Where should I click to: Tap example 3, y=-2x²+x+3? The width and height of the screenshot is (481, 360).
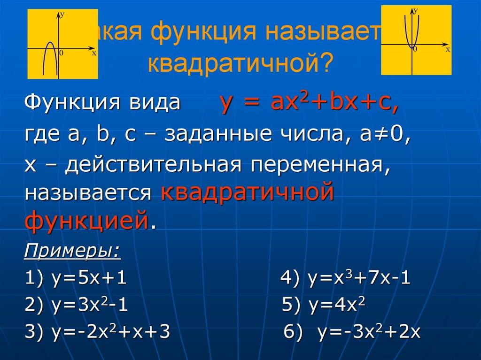pos(97,333)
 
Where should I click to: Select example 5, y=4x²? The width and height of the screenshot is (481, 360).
pos(324,306)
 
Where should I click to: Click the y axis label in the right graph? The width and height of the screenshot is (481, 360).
pos(416,9)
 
